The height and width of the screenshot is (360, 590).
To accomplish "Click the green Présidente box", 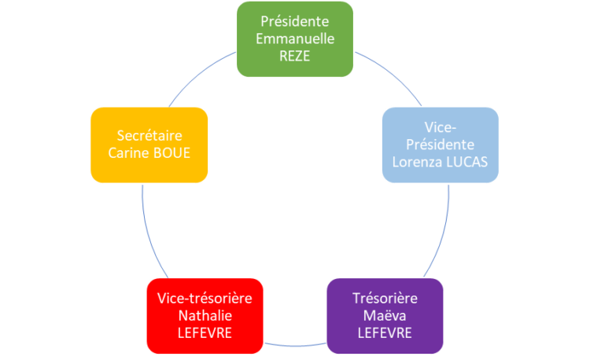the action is point(295,39).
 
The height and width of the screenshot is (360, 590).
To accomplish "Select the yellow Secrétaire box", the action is point(149,145).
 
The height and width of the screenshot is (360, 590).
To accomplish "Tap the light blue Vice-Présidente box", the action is point(441,145).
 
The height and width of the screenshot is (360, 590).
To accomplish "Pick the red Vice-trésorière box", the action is point(205,316).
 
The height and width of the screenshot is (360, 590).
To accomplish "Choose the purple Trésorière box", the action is point(385,316).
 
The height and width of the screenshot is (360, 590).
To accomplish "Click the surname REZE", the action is point(295,56).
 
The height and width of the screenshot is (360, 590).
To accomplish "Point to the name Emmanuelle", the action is point(295,39).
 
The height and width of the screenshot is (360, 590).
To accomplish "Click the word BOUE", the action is point(171,153).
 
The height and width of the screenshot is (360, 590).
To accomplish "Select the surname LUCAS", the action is point(467,162).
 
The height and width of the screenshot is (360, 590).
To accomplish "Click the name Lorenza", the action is point(417,162).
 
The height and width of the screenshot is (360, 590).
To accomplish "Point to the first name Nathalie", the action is point(205,316).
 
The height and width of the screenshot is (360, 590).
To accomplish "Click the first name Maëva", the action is point(385,316).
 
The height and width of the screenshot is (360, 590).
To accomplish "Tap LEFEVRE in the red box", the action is point(205,333).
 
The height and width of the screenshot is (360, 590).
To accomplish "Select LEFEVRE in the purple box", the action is point(385,333).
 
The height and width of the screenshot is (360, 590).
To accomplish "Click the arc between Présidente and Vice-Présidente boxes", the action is point(392,73).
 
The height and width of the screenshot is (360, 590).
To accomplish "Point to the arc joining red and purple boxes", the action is point(295,346).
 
